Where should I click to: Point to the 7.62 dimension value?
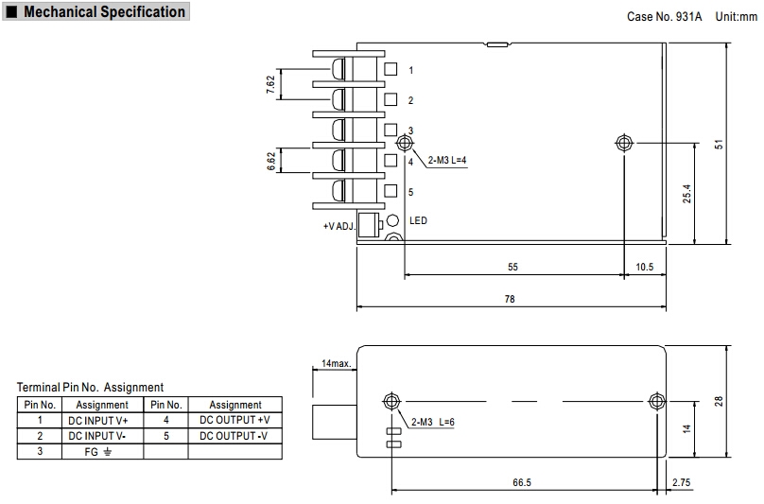tap(270, 84)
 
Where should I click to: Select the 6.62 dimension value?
tap(270, 161)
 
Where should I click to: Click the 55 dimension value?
tap(512, 268)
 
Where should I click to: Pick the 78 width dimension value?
tap(511, 299)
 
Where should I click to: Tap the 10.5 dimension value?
tap(644, 268)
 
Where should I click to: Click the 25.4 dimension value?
tap(688, 193)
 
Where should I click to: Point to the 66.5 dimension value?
tap(522, 483)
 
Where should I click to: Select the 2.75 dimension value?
tap(680, 483)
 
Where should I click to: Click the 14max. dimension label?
tap(337, 363)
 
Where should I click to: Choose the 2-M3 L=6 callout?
tap(433, 422)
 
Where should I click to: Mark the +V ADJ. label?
tap(339, 227)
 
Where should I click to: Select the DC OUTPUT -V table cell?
tap(234, 436)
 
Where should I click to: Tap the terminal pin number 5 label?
tap(410, 193)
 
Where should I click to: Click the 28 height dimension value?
tap(719, 401)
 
